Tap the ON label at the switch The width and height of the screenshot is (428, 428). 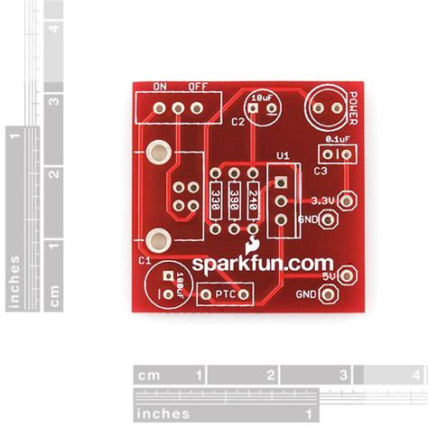click(161, 88)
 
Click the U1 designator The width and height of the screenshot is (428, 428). click(282, 155)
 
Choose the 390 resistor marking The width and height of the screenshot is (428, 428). click(234, 200)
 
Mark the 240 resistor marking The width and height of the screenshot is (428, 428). click(253, 200)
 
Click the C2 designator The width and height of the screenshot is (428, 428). click(238, 121)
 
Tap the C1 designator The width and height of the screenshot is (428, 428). click(144, 260)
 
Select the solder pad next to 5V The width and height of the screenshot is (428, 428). click(346, 274)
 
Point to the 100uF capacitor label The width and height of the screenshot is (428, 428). click(181, 281)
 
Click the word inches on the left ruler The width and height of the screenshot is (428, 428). click(13, 281)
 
